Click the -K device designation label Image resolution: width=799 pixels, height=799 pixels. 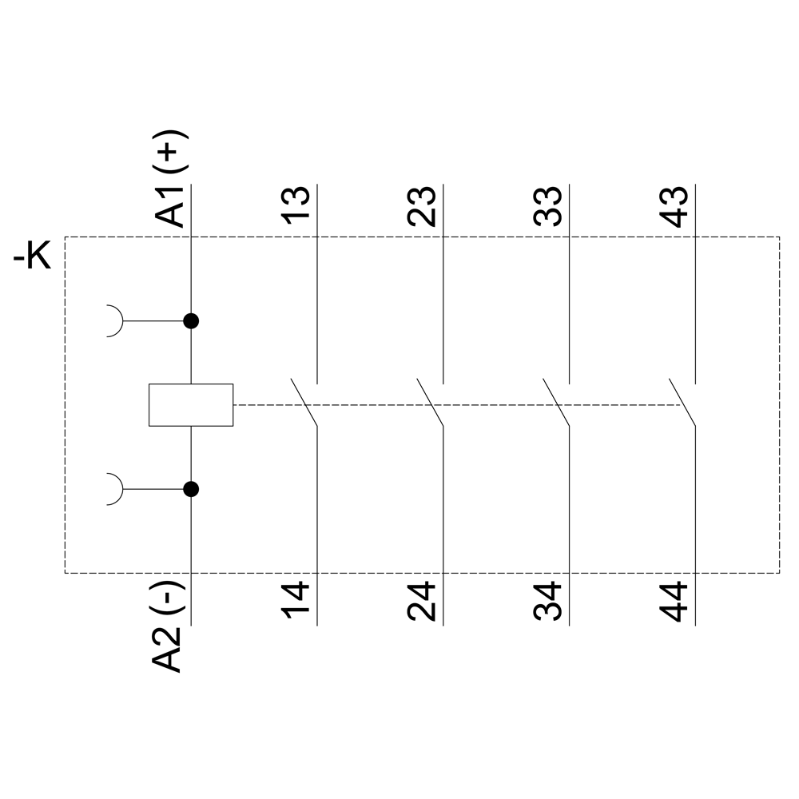(32, 258)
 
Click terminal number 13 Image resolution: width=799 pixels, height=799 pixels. (295, 207)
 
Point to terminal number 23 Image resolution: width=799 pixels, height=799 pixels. (421, 207)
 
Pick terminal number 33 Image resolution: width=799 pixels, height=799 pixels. (547, 207)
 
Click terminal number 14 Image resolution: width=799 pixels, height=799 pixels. (295, 603)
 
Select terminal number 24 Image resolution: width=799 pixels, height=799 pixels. (421, 603)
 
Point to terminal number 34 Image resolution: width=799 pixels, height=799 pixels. (547, 603)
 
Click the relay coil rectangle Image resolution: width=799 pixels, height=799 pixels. (191, 404)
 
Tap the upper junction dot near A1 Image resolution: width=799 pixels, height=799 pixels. (191, 321)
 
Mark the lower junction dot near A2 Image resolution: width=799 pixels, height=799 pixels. (191, 489)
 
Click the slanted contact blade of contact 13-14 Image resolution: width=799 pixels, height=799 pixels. (304, 401)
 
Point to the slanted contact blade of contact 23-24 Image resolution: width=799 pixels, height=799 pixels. (430, 401)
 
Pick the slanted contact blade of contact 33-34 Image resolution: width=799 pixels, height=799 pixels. (556, 401)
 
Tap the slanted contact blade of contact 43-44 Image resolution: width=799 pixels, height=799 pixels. (682, 401)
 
